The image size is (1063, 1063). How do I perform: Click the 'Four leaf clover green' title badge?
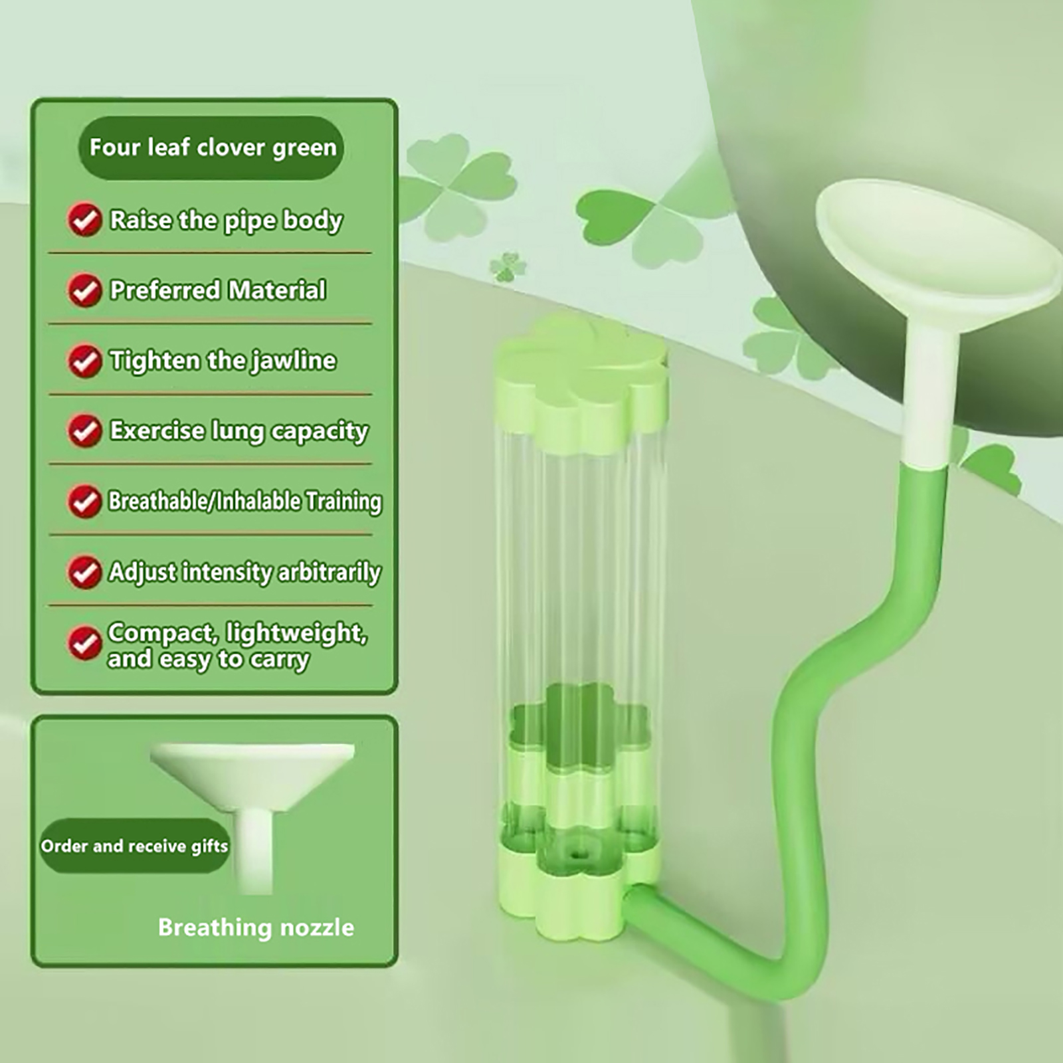pos(211,147)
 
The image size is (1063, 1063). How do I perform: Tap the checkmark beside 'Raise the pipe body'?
pos(84,219)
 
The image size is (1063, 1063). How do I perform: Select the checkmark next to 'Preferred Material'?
pos(84,290)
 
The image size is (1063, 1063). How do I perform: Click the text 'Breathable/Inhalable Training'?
pos(245,501)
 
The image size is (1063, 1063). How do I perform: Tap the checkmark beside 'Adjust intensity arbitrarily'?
pos(84,571)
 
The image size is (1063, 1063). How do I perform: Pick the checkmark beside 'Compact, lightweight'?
pos(84,643)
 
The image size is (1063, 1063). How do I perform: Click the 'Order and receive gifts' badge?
pos(135,846)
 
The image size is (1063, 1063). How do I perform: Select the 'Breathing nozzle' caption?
pos(256,927)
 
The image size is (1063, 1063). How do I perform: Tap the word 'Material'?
pos(277,290)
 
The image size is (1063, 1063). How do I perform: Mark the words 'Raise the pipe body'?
pos(226,221)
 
